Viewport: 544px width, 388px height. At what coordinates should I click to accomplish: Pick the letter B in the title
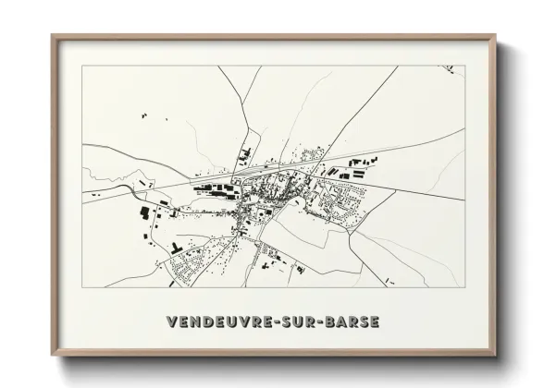331,321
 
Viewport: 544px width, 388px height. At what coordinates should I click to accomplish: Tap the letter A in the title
342,321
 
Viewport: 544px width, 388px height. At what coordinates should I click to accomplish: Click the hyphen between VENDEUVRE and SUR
283,321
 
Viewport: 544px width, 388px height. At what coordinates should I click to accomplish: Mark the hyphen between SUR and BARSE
322,321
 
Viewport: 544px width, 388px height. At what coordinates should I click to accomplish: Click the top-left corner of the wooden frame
53,36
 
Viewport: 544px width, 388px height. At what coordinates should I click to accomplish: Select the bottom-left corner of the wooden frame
53,358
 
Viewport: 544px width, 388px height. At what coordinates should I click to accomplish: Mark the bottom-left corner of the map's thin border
82,287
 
